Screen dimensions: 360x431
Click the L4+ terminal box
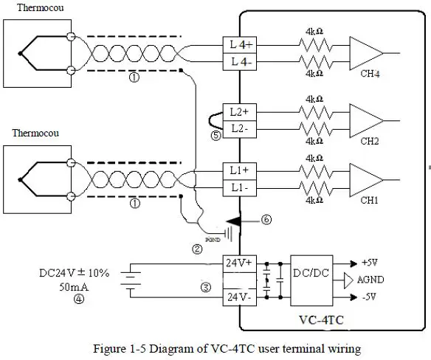(240, 46)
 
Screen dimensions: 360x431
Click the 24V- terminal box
(240, 297)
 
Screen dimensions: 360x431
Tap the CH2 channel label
(370, 141)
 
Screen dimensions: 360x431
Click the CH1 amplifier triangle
(365, 178)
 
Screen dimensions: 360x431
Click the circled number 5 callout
(215, 136)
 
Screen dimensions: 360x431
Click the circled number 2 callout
(196, 249)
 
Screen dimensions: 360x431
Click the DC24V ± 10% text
(74, 272)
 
